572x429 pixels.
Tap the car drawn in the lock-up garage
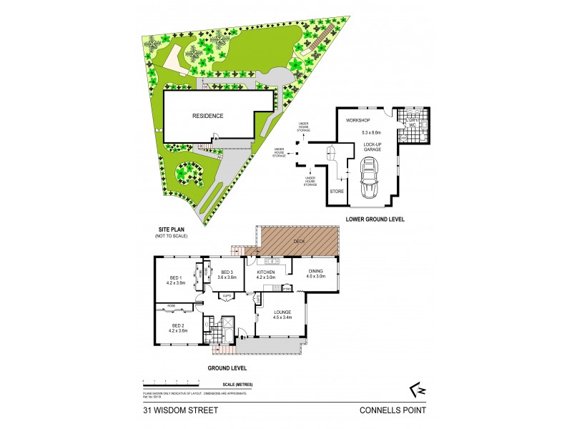(x=370, y=179)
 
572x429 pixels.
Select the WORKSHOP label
(x=357, y=120)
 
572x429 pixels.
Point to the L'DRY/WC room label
(x=413, y=122)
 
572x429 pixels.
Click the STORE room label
(x=336, y=192)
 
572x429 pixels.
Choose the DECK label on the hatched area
(x=298, y=242)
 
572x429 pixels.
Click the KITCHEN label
(x=265, y=272)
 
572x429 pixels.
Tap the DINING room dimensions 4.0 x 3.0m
(x=317, y=277)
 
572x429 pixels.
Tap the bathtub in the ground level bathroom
(x=228, y=325)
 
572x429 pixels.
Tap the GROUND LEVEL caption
(x=227, y=368)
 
